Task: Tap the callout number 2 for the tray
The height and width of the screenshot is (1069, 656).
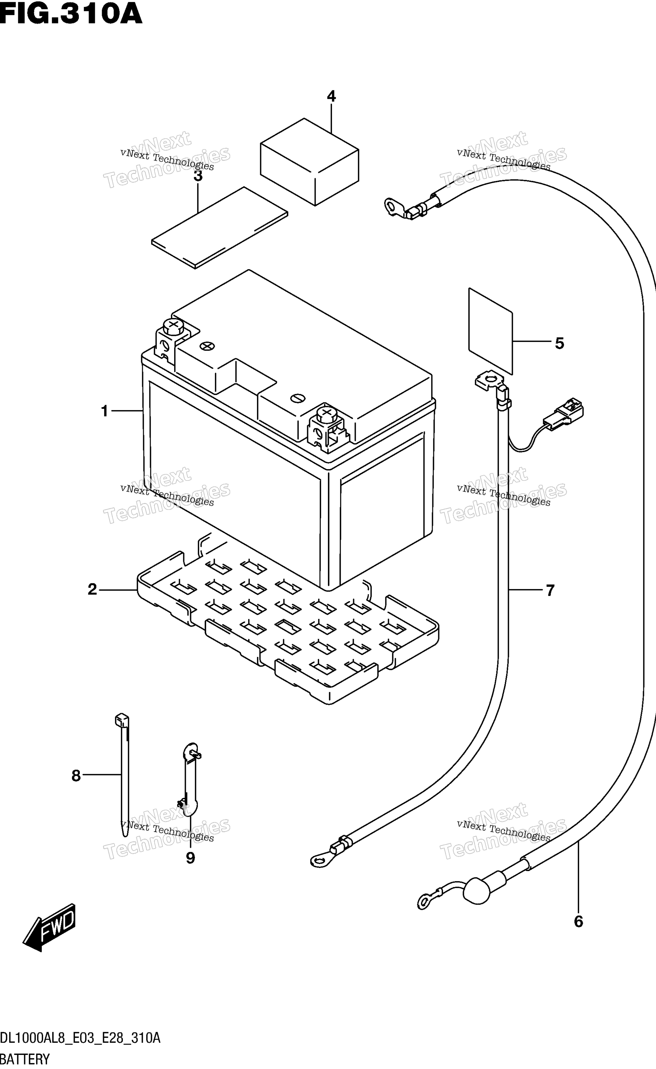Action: (x=92, y=589)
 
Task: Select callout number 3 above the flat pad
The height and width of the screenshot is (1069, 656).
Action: (x=198, y=176)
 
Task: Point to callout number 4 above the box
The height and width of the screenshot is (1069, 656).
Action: (x=332, y=96)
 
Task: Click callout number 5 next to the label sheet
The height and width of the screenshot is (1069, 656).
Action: (x=560, y=343)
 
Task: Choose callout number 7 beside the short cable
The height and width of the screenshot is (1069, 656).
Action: (x=550, y=590)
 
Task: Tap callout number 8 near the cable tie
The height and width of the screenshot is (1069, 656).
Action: (x=76, y=776)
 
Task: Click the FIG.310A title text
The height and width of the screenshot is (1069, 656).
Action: (x=71, y=13)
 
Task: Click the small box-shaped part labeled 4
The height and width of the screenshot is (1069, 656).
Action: (x=309, y=161)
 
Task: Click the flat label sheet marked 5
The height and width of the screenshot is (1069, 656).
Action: (x=491, y=331)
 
